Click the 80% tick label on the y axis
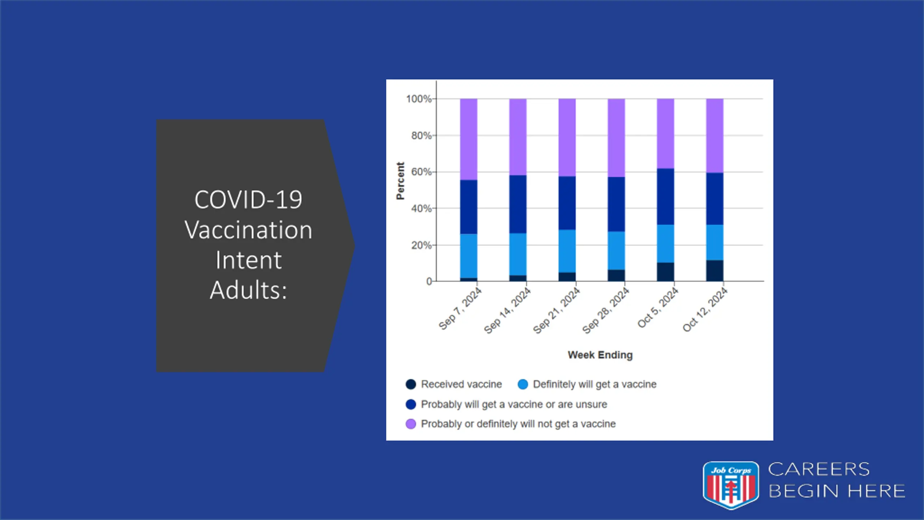421,136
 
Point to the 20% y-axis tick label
421,246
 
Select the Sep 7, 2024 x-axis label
460,309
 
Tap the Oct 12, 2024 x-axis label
705,310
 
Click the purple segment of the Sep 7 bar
468,139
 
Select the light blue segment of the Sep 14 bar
518,254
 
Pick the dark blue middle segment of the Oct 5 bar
665,197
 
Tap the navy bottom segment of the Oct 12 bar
715,270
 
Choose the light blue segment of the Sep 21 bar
567,251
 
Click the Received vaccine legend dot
411,384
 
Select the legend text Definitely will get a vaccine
594,384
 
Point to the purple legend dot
411,424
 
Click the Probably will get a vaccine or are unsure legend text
514,404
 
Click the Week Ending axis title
600,355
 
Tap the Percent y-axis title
400,181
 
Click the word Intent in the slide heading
248,260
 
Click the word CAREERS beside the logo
819,469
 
